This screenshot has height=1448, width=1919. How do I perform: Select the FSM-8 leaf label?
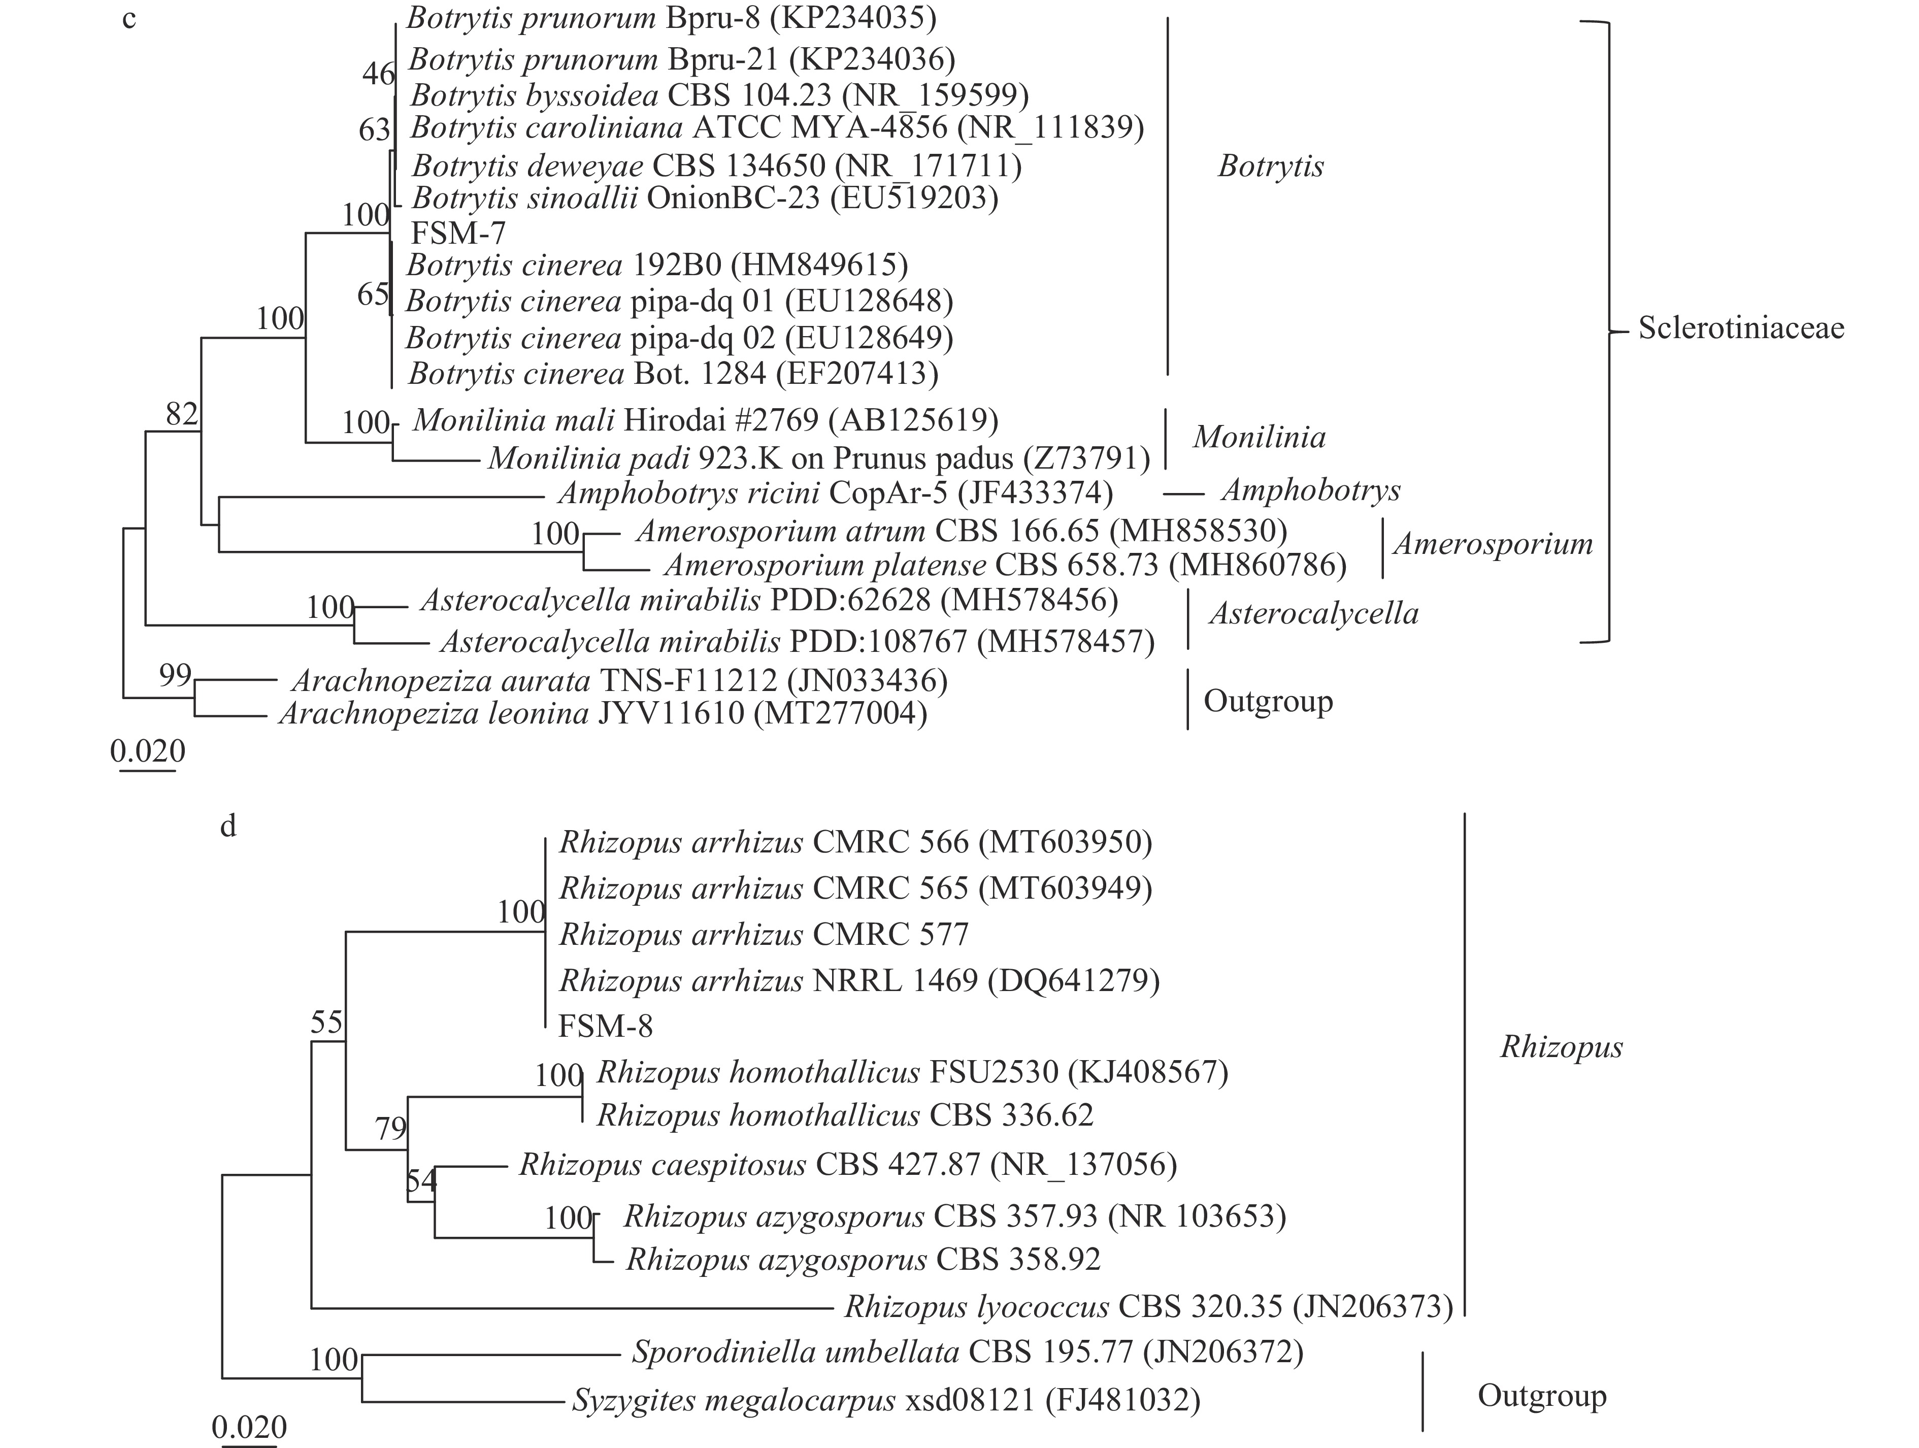pos(605,1027)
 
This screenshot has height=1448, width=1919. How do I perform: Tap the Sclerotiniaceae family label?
pos(1740,328)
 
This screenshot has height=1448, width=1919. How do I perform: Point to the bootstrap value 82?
pos(182,415)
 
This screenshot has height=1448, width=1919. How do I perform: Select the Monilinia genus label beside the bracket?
pos(1259,437)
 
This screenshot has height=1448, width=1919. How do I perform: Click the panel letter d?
pos(228,826)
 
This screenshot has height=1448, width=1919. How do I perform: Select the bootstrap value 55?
pos(327,1022)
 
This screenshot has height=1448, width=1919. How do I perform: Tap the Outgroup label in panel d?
pos(1542,1395)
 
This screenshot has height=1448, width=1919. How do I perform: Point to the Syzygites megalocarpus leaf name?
pos(733,1400)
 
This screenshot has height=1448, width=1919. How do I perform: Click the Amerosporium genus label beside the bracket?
pos(1492,544)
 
